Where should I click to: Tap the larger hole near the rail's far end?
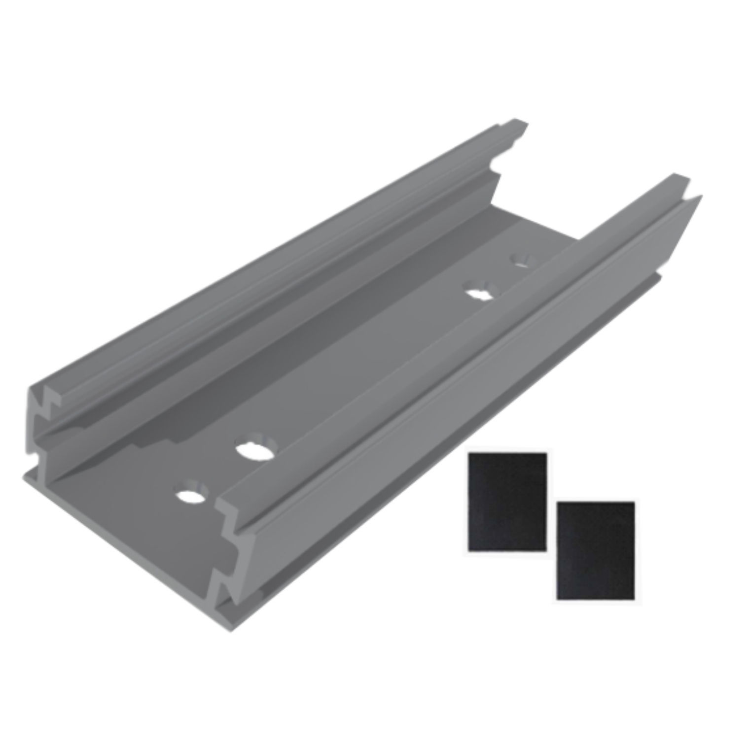click(479, 292)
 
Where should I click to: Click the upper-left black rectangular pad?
click(507, 501)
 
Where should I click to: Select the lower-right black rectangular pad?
click(595, 550)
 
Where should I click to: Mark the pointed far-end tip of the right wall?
click(699, 197)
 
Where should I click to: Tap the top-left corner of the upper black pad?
click(469, 454)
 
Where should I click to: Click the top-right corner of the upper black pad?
click(546, 454)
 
